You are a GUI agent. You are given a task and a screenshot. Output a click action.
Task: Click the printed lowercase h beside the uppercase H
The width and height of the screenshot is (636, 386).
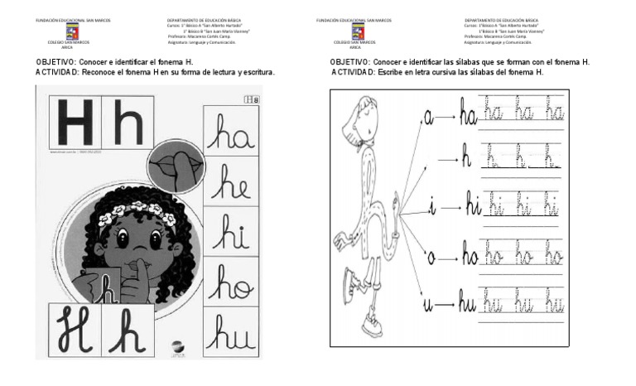click(x=129, y=124)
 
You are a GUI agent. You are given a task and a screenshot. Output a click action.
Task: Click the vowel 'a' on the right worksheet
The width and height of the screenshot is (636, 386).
click(x=428, y=118)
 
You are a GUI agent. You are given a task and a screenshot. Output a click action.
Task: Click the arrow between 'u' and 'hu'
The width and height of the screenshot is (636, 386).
click(x=446, y=306)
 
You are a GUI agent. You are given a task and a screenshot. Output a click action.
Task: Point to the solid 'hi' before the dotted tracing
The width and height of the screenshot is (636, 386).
click(x=473, y=207)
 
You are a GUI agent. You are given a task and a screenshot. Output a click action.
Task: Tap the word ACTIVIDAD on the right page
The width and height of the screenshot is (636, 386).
click(x=354, y=72)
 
